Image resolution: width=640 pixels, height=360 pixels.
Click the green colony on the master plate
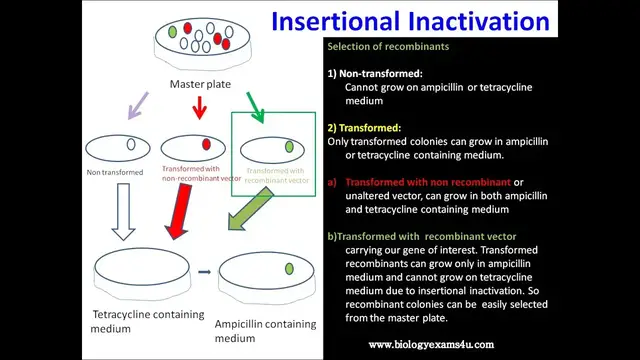tap(173, 32)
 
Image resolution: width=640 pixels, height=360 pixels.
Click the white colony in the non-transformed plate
tap(130, 145)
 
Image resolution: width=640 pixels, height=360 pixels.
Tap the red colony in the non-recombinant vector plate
tap(206, 145)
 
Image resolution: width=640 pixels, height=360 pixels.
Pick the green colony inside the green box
tap(289, 147)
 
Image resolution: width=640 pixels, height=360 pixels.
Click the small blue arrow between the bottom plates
tap(203, 270)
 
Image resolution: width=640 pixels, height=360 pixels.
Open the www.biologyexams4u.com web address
tap(431, 344)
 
